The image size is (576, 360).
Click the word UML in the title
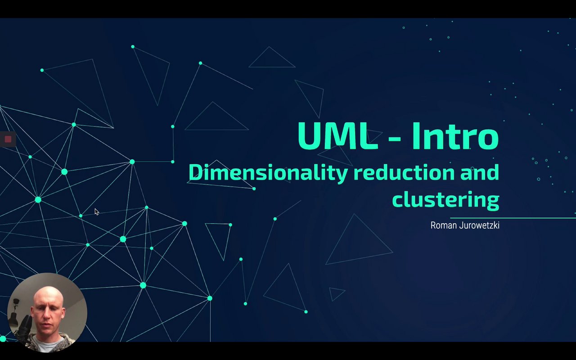click(337, 136)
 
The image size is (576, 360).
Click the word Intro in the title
click(455, 136)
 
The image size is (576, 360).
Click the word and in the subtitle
click(480, 172)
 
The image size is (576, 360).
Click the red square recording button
click(8, 139)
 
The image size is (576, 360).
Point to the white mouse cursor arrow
click(97, 211)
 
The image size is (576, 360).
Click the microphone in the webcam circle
click(25, 325)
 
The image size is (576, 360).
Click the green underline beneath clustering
click(513, 218)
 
